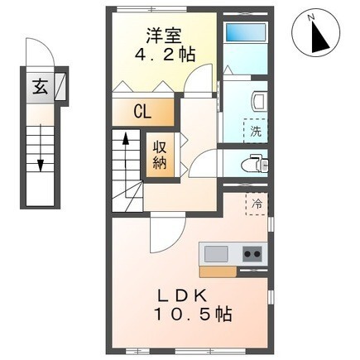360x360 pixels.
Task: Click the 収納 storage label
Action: pos(159,155)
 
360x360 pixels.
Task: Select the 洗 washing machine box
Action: pos(254,130)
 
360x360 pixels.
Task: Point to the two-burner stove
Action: pos(252,252)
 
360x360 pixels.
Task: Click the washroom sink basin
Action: pos(257,100)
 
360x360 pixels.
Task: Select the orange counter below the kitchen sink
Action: pos(217,270)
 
